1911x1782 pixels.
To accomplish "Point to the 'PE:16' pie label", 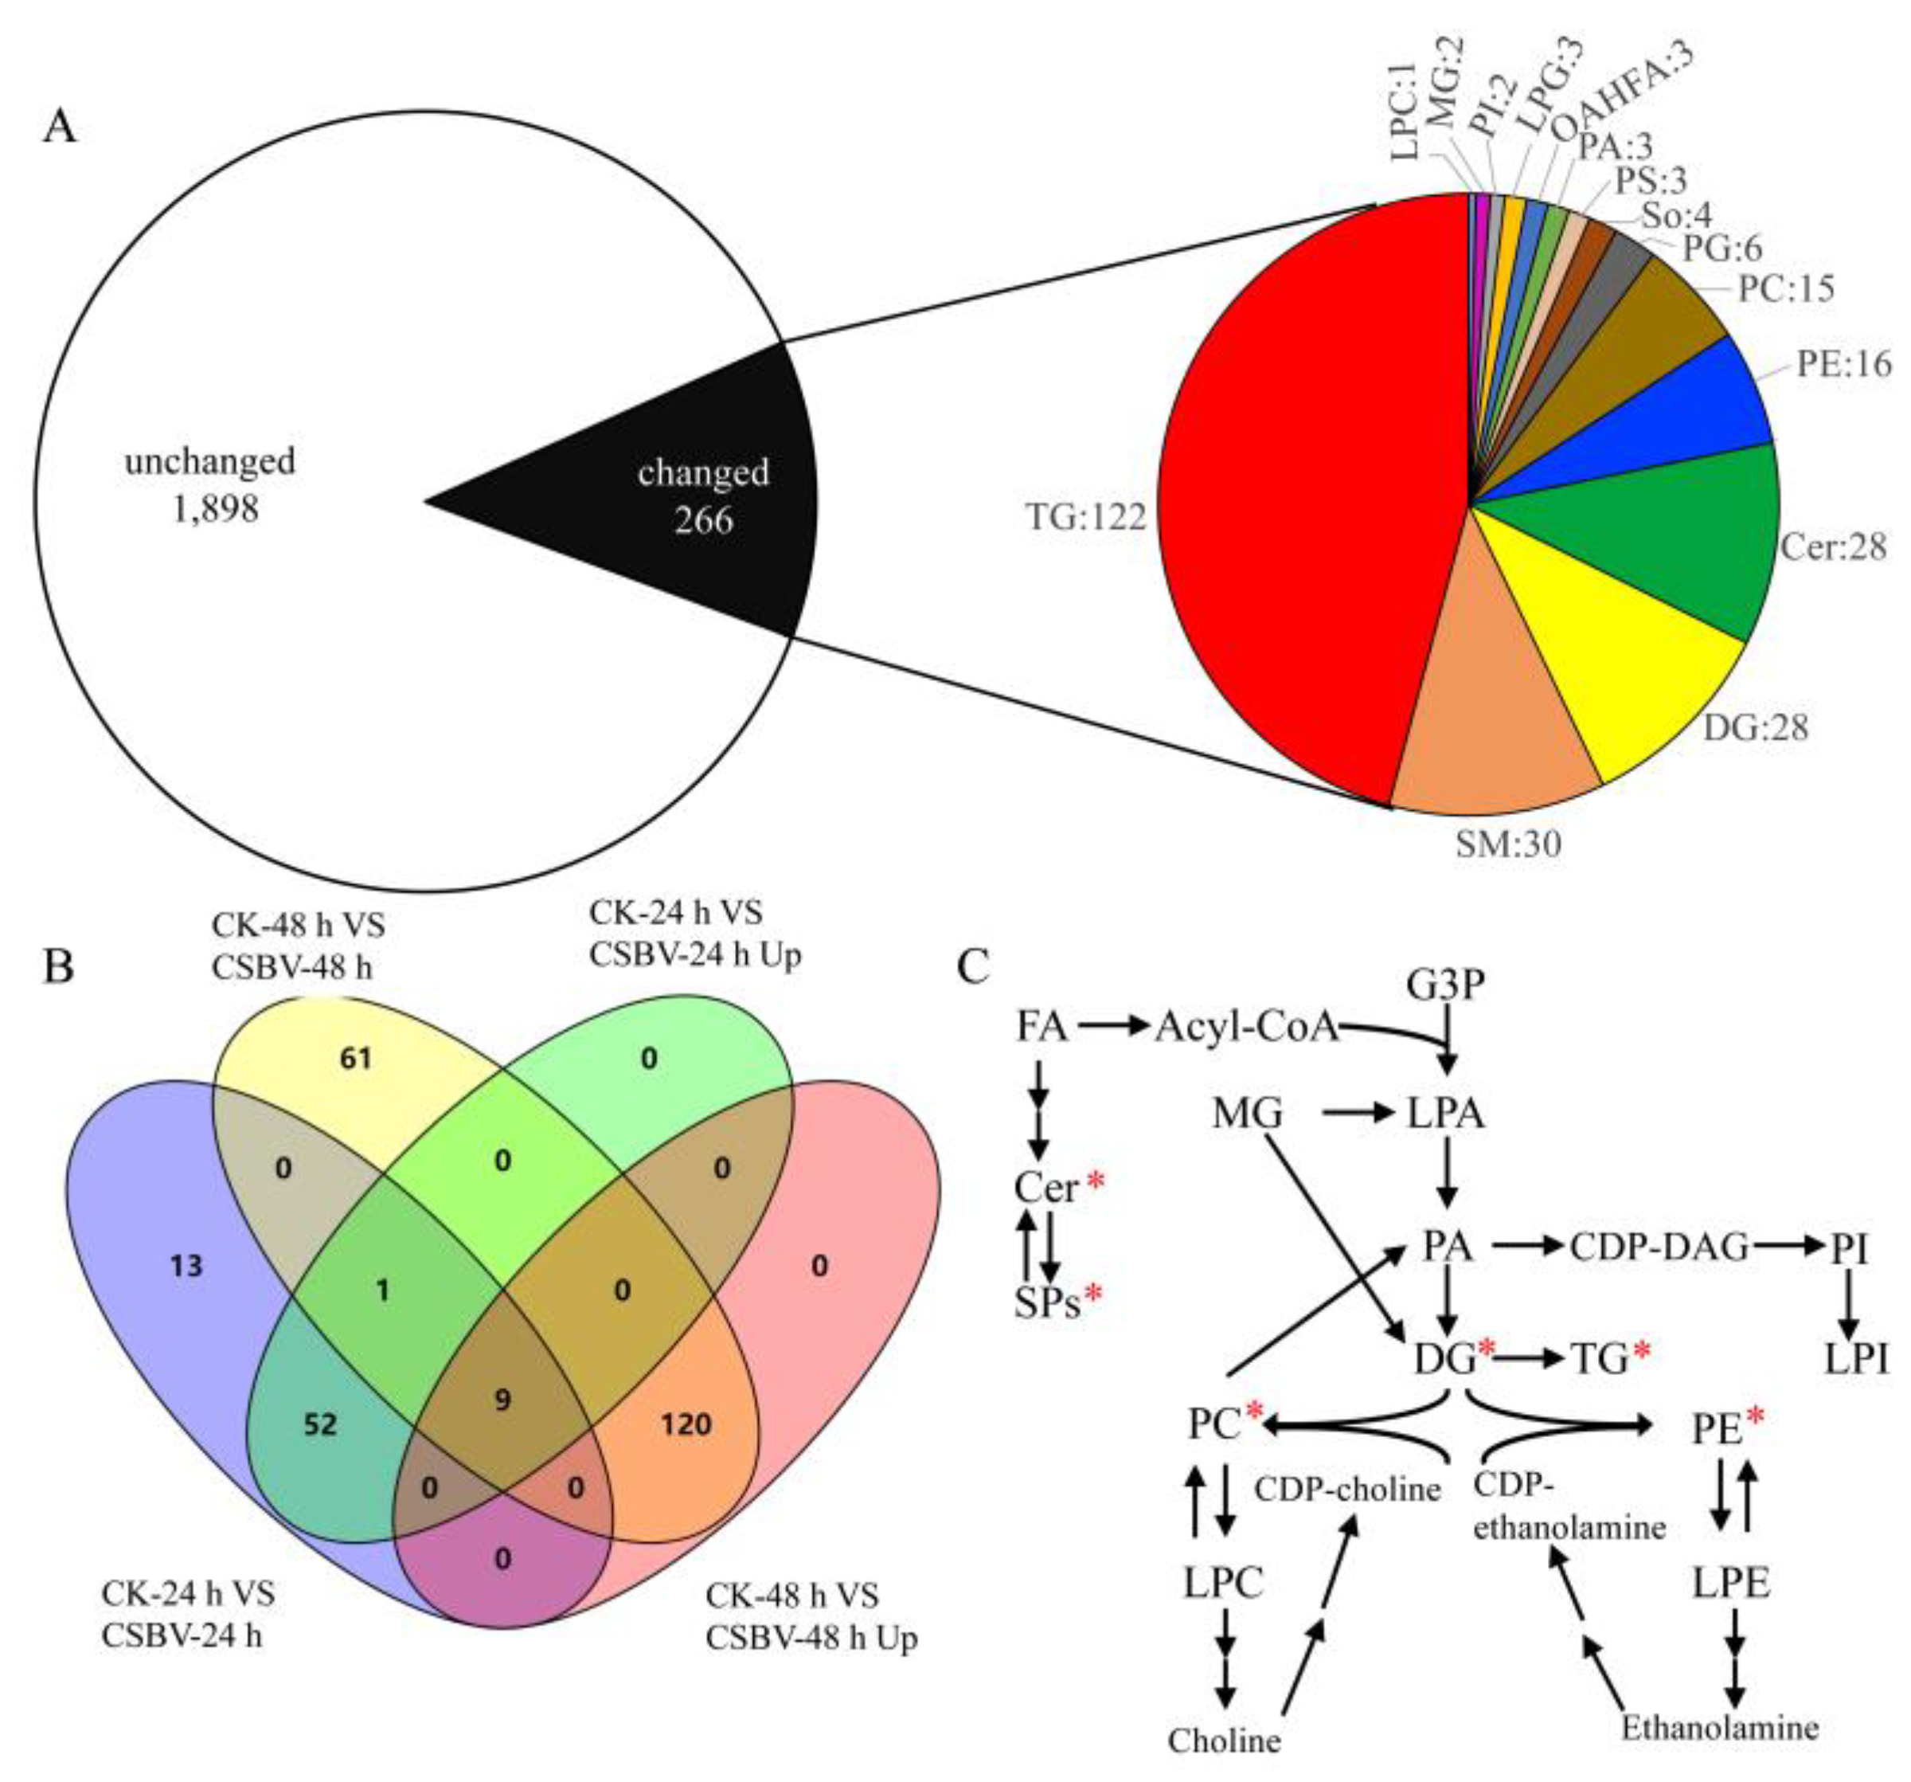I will [x=1842, y=363].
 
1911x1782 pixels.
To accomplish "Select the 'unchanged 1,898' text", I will [x=209, y=484].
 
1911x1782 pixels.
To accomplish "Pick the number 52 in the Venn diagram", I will [x=320, y=1424].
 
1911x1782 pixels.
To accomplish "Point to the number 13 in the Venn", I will [x=186, y=1266].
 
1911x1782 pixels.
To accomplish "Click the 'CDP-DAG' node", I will [x=1660, y=1247].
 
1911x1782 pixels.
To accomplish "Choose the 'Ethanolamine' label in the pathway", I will [x=1721, y=1727].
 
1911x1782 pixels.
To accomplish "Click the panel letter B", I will [x=59, y=966].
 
